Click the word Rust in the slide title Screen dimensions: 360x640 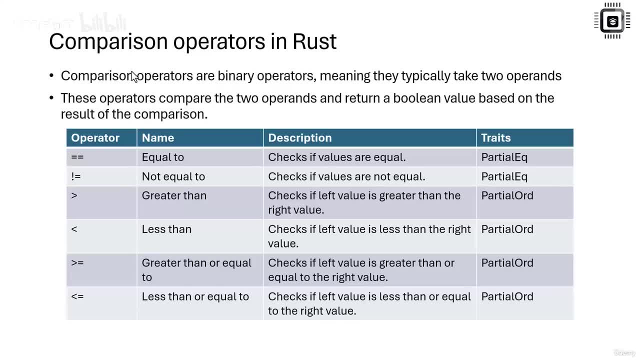point(314,41)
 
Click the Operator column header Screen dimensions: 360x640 point(95,138)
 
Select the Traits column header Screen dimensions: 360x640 point(496,138)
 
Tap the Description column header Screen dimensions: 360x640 point(300,138)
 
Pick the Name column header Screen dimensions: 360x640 point(158,138)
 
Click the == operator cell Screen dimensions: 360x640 point(77,157)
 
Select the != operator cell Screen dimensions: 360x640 point(76,176)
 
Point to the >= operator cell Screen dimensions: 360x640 point(77,263)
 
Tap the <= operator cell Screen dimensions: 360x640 point(77,296)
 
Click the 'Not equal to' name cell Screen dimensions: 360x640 point(173,176)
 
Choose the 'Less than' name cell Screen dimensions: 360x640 point(166,229)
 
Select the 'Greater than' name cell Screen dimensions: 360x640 point(174,195)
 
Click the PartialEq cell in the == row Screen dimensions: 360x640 point(504,157)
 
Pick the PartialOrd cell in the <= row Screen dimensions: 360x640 point(507,296)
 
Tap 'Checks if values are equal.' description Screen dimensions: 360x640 point(337,157)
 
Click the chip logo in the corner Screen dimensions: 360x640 point(612,21)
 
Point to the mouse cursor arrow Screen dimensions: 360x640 point(134,76)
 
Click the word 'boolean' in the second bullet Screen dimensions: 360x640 point(416,98)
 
